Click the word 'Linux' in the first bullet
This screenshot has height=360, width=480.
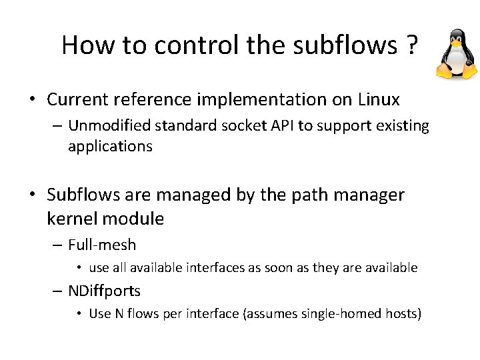(379, 100)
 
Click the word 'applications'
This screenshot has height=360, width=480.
(110, 147)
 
